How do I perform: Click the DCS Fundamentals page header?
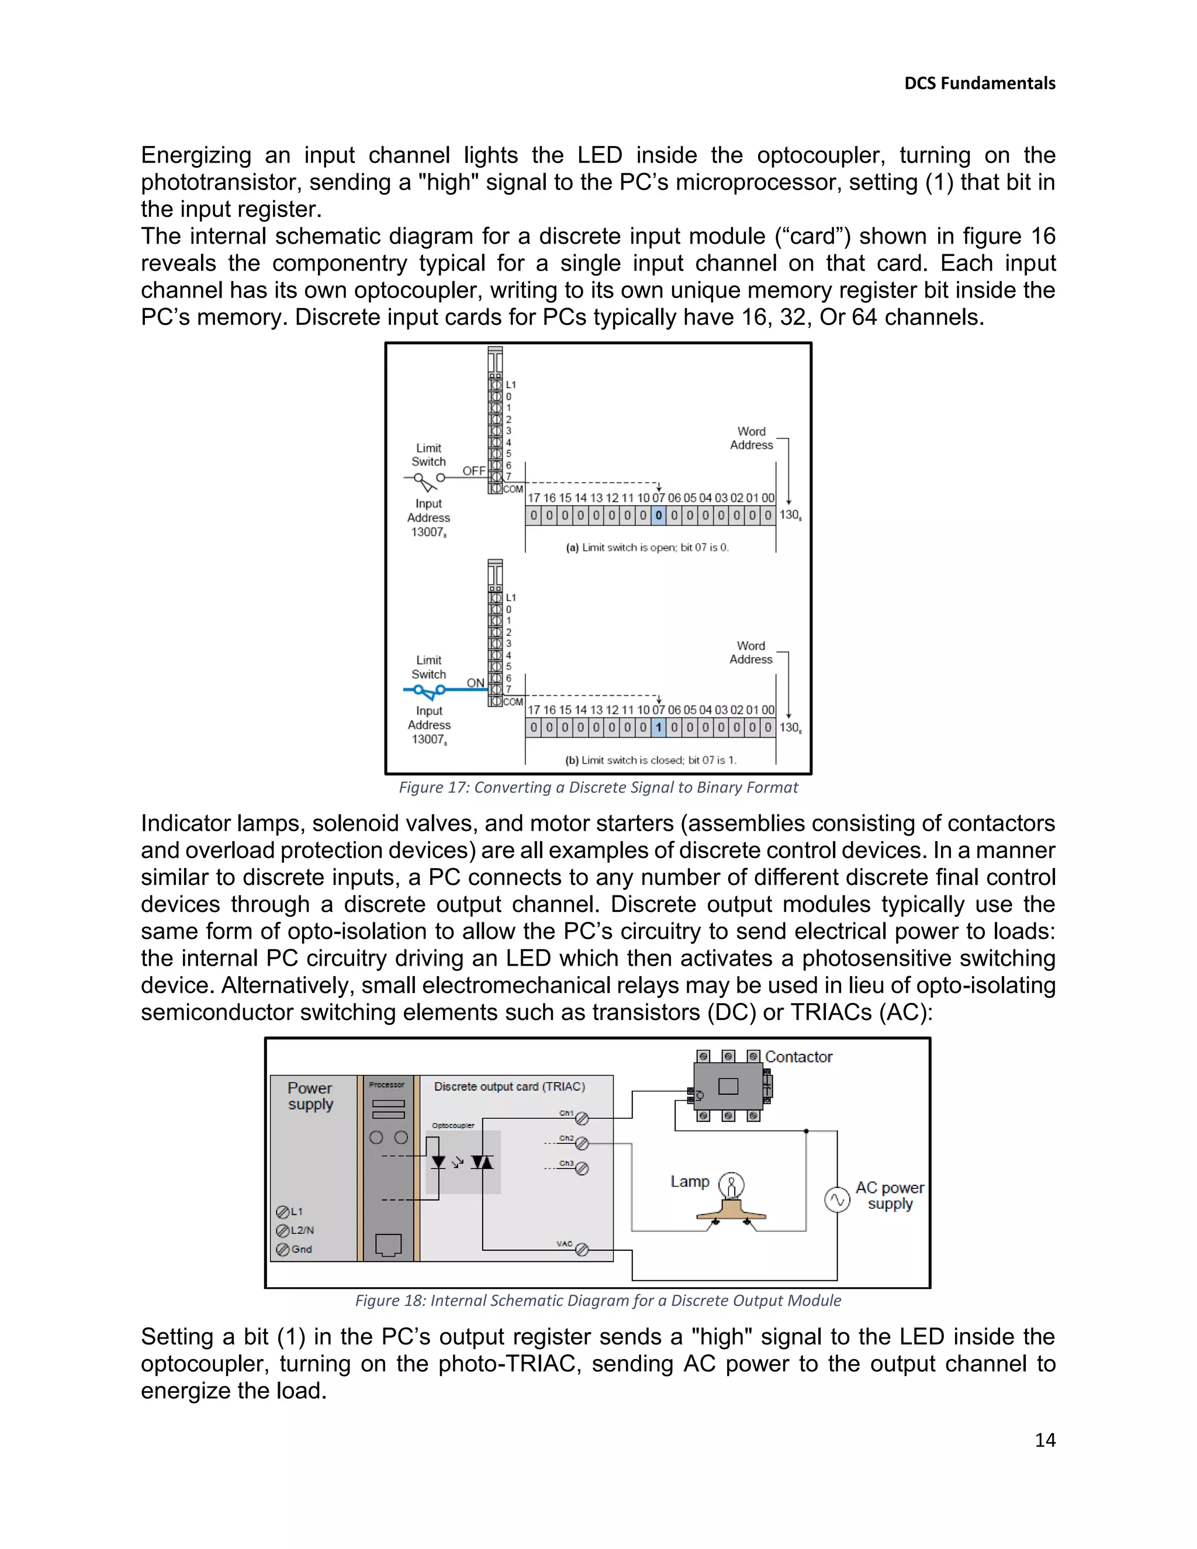(980, 84)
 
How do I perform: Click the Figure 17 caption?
(598, 787)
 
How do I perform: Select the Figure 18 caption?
(598, 1300)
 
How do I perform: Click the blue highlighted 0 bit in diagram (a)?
(658, 516)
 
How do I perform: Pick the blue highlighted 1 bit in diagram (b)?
(658, 728)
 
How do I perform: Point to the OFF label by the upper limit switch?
(473, 471)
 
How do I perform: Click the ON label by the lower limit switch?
(475, 683)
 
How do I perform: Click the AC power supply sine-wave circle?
(837, 1199)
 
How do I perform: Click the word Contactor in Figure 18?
(798, 1057)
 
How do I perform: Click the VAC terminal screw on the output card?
(582, 1250)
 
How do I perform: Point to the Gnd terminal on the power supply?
(282, 1249)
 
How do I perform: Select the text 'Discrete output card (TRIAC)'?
(509, 1087)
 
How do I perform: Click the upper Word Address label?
(751, 438)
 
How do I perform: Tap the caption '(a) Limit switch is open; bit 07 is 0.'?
(647, 548)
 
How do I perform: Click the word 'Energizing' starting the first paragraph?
(196, 155)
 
